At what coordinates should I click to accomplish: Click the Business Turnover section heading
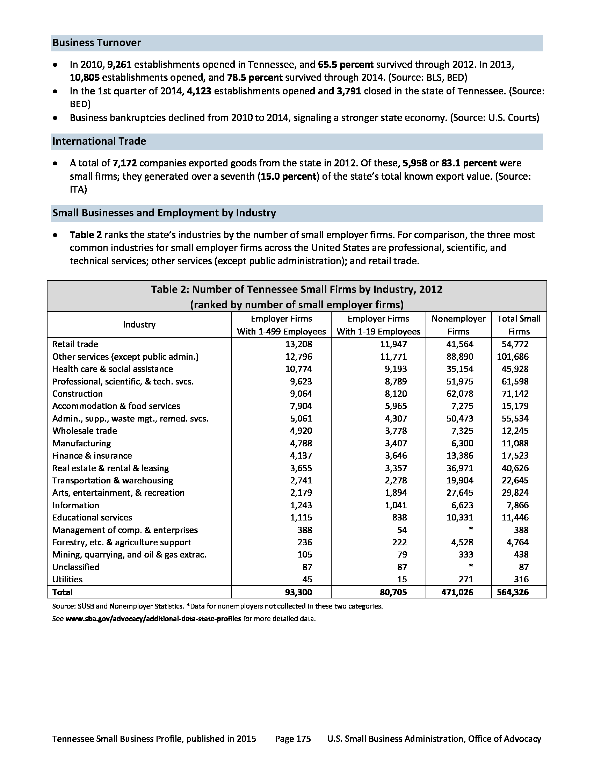[x=96, y=43]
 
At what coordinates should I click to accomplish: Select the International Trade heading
[x=99, y=141]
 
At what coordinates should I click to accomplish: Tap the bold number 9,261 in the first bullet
[x=119, y=65]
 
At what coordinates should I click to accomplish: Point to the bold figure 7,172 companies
[x=125, y=163]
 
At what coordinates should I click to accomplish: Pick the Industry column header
[x=139, y=325]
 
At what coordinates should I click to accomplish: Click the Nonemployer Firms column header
[x=458, y=325]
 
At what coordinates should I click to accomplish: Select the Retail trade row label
[x=75, y=344]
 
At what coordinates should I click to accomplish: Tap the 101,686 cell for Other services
[x=512, y=357]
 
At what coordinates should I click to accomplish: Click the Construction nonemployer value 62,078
[x=459, y=394]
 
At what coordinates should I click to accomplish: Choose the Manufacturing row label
[x=81, y=443]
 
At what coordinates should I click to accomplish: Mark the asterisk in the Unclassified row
[x=471, y=567]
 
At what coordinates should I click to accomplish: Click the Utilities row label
[x=67, y=579]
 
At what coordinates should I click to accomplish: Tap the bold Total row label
[x=62, y=592]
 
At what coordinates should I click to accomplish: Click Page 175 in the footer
[x=293, y=739]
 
